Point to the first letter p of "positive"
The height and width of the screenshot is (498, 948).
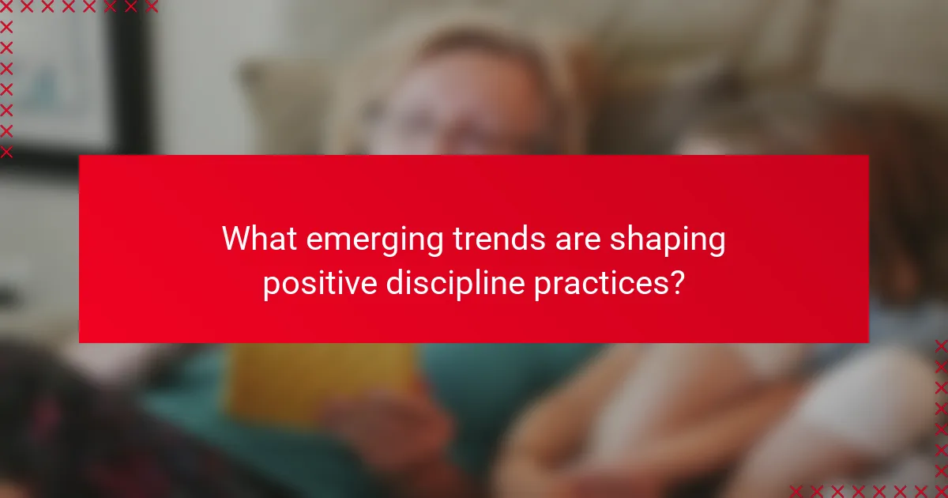coord(270,286)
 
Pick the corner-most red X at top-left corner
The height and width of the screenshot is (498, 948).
coord(6,7)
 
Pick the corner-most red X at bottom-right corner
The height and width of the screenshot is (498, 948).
coord(941,491)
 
